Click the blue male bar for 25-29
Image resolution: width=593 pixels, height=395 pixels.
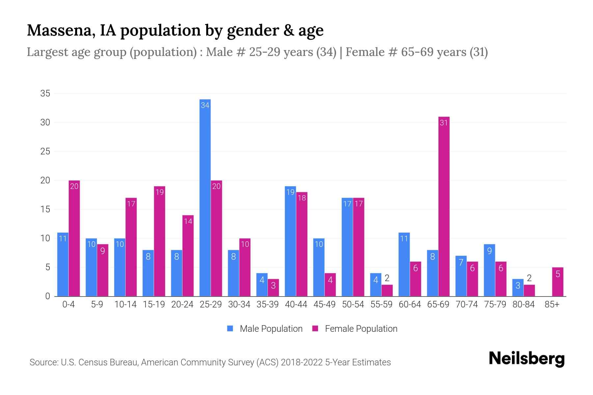click(205, 197)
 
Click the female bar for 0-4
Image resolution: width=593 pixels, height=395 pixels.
click(74, 238)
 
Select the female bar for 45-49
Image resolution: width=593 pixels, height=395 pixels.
click(330, 285)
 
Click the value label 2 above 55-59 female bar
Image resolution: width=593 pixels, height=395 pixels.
click(387, 278)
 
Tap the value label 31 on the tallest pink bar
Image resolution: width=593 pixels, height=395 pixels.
click(444, 123)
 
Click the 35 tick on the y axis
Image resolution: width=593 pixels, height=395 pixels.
click(45, 93)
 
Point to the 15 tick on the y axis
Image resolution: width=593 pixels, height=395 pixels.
click(45, 209)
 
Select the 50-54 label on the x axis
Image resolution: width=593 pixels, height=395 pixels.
click(353, 304)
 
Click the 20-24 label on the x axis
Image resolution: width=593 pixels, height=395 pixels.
click(182, 304)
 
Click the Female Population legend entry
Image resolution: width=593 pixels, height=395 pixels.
click(355, 329)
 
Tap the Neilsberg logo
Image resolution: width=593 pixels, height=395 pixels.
click(526, 359)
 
